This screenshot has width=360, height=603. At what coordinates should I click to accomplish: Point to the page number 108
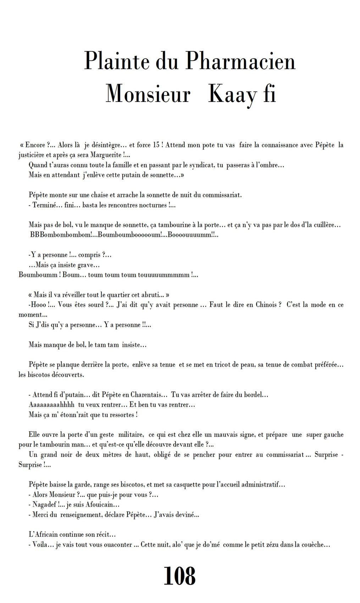tap(179, 576)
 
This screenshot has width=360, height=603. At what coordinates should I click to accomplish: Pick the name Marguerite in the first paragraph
tap(105, 155)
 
